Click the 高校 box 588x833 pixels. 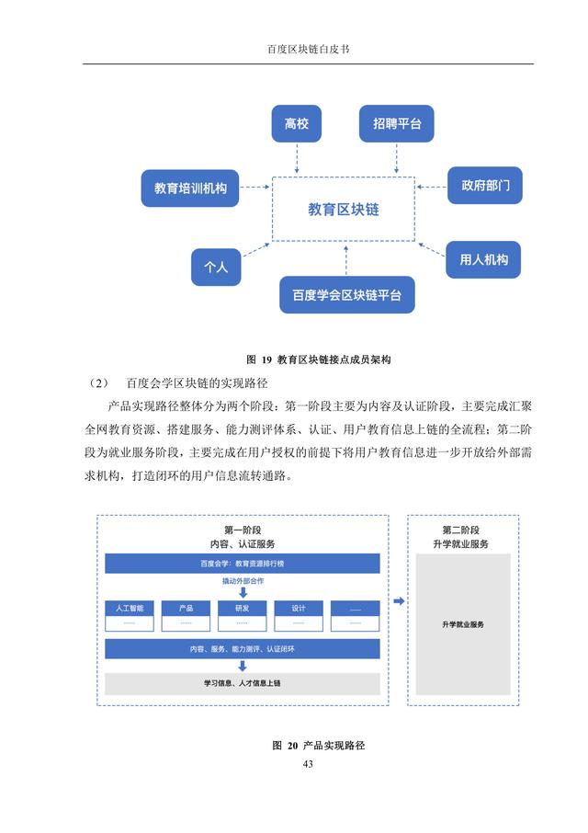[296, 124]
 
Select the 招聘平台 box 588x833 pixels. [396, 124]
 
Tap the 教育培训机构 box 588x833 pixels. [190, 188]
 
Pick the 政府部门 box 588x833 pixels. [485, 186]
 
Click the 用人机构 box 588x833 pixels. [483, 260]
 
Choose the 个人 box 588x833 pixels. [216, 268]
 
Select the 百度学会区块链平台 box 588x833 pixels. [347, 295]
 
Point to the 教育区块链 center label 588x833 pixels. [344, 210]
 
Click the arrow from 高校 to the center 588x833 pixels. [297, 158]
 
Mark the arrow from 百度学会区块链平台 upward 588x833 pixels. [346, 260]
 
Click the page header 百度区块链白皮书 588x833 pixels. [309, 50]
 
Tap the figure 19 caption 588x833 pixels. [319, 359]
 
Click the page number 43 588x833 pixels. [308, 764]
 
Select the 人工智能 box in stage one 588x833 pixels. [130, 616]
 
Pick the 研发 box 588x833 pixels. [242, 616]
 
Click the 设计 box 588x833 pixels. [299, 616]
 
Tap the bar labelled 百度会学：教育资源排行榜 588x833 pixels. [243, 564]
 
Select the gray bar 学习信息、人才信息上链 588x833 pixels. [243, 684]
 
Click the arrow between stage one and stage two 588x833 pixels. [399, 600]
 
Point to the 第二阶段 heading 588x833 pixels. [460, 531]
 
